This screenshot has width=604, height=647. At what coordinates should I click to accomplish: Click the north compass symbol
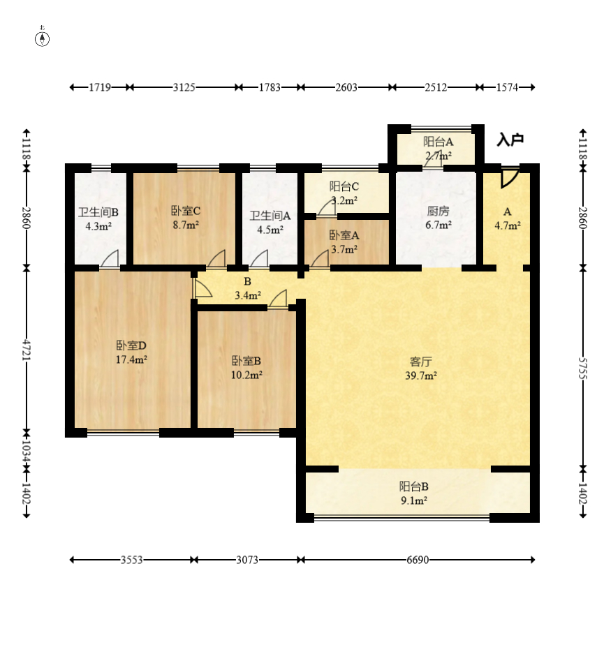pyautogui.click(x=42, y=38)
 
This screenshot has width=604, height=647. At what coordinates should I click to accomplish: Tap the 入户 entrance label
pyautogui.click(x=510, y=140)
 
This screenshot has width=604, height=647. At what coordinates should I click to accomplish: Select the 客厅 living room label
pyautogui.click(x=420, y=362)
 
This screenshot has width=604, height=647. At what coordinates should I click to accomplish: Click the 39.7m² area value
pyautogui.click(x=420, y=375)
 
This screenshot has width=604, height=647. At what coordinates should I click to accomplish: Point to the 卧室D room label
pyautogui.click(x=131, y=345)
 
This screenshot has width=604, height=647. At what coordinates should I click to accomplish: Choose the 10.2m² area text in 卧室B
pyautogui.click(x=246, y=375)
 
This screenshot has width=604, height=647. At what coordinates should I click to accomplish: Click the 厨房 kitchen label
pyautogui.click(x=438, y=211)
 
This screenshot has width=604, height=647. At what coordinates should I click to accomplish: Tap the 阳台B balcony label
pyautogui.click(x=413, y=486)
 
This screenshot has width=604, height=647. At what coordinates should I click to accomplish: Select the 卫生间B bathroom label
pyautogui.click(x=98, y=212)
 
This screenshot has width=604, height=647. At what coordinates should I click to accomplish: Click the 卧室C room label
pyautogui.click(x=186, y=211)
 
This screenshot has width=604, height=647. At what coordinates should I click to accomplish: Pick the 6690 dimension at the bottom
pyautogui.click(x=418, y=560)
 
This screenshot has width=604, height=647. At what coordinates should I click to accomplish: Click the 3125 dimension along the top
pyautogui.click(x=184, y=87)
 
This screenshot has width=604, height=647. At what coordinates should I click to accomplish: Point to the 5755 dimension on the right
pyautogui.click(x=582, y=368)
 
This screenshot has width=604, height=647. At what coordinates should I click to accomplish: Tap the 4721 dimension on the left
pyautogui.click(x=27, y=350)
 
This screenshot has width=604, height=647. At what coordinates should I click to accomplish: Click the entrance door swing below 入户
pyautogui.click(x=510, y=177)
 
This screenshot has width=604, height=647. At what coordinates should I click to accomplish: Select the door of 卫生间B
pyautogui.click(x=110, y=259)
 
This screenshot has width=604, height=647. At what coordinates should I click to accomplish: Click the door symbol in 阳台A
pyautogui.click(x=434, y=160)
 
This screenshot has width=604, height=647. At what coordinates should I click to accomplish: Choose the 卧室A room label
pyautogui.click(x=344, y=235)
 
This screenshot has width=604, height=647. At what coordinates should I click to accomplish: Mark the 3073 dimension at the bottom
pyautogui.click(x=247, y=560)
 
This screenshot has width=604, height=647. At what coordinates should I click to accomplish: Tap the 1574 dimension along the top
pyautogui.click(x=507, y=87)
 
